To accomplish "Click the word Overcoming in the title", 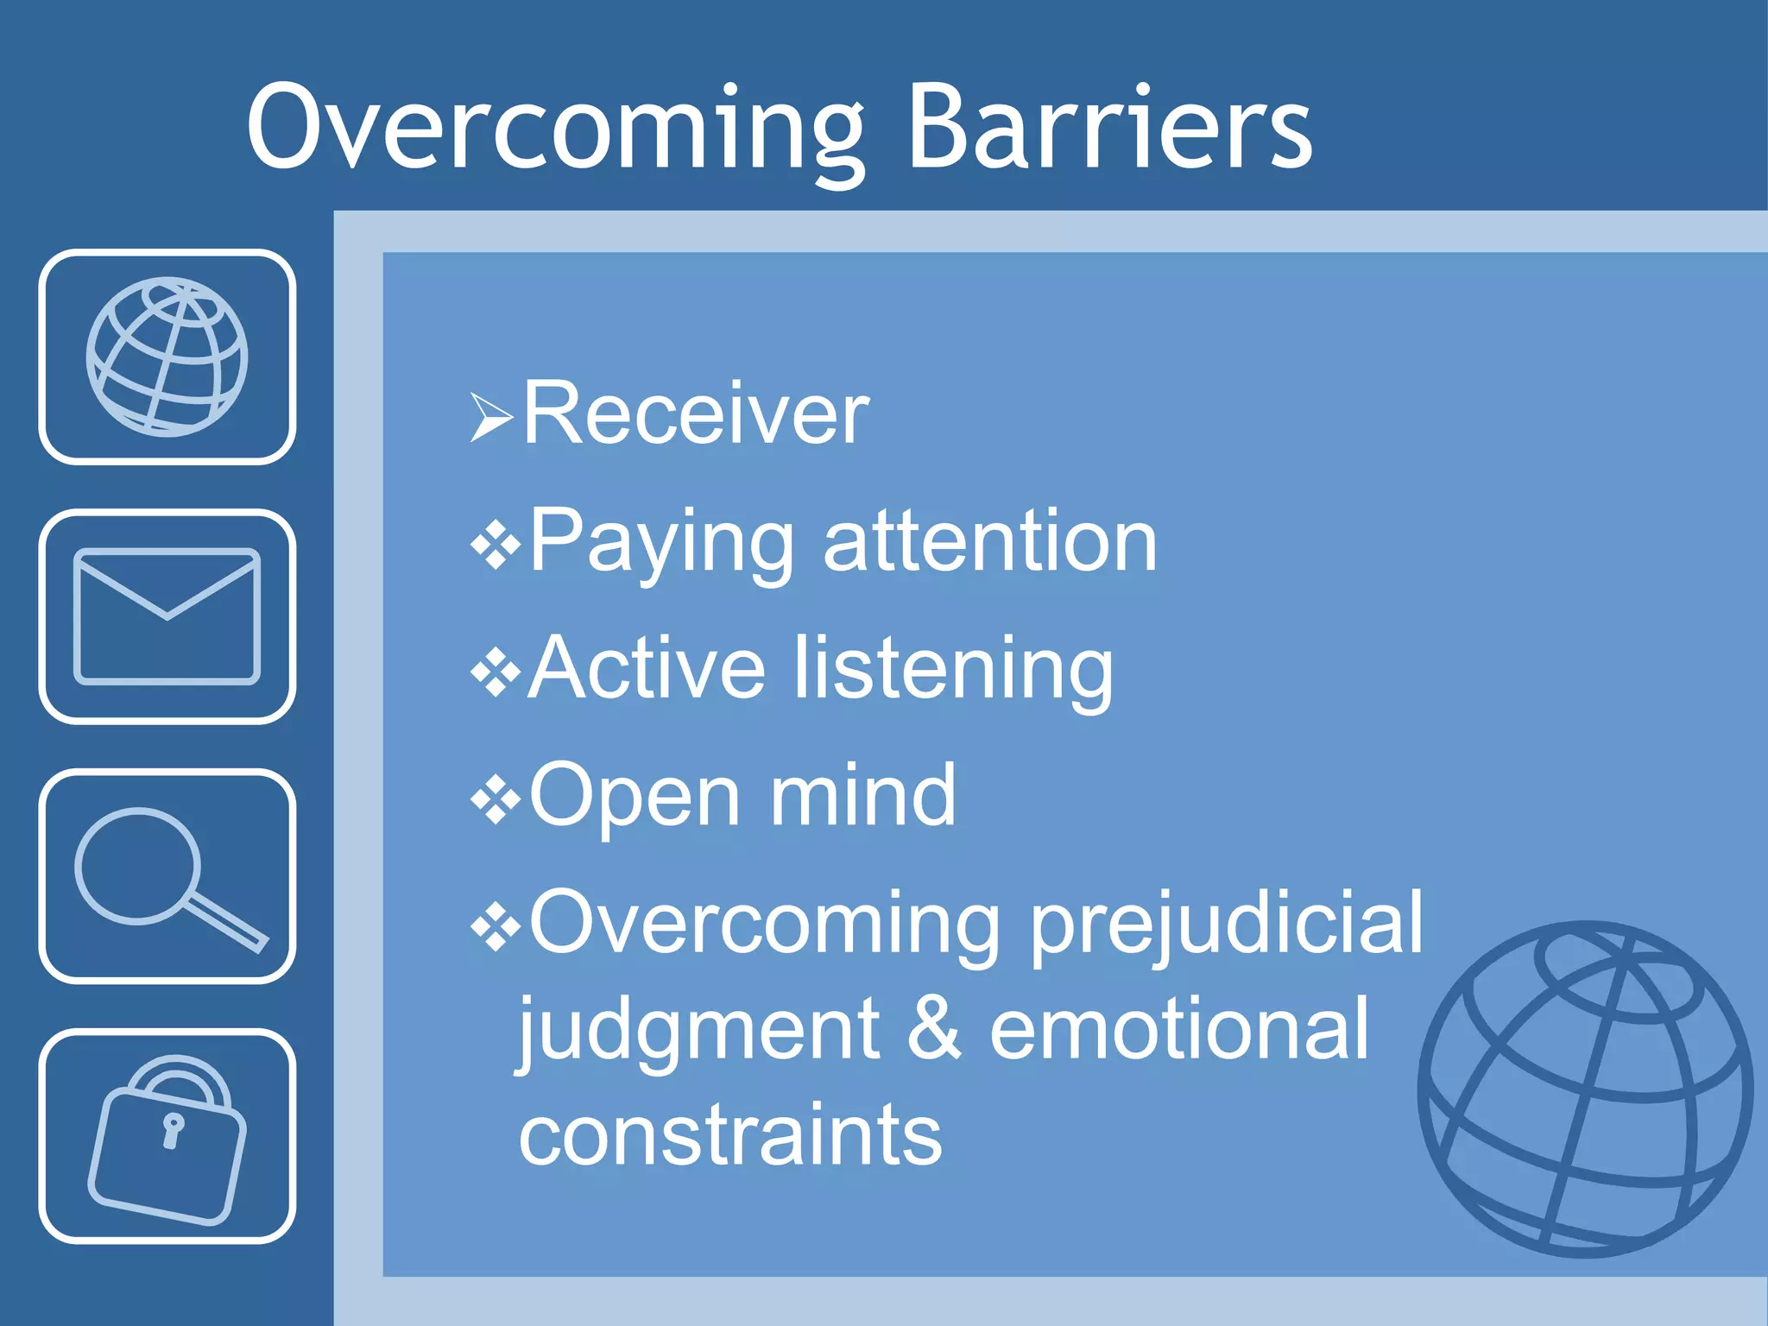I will (552, 129).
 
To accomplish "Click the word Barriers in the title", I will (1109, 129).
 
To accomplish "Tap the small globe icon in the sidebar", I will (167, 357).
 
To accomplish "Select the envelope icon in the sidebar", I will (167, 616).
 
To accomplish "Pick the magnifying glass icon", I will (167, 876).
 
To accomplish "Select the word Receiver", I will (696, 414).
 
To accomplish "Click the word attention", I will (989, 542).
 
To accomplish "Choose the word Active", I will (646, 668).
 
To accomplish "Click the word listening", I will (953, 670).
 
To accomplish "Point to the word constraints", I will (730, 1134).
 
